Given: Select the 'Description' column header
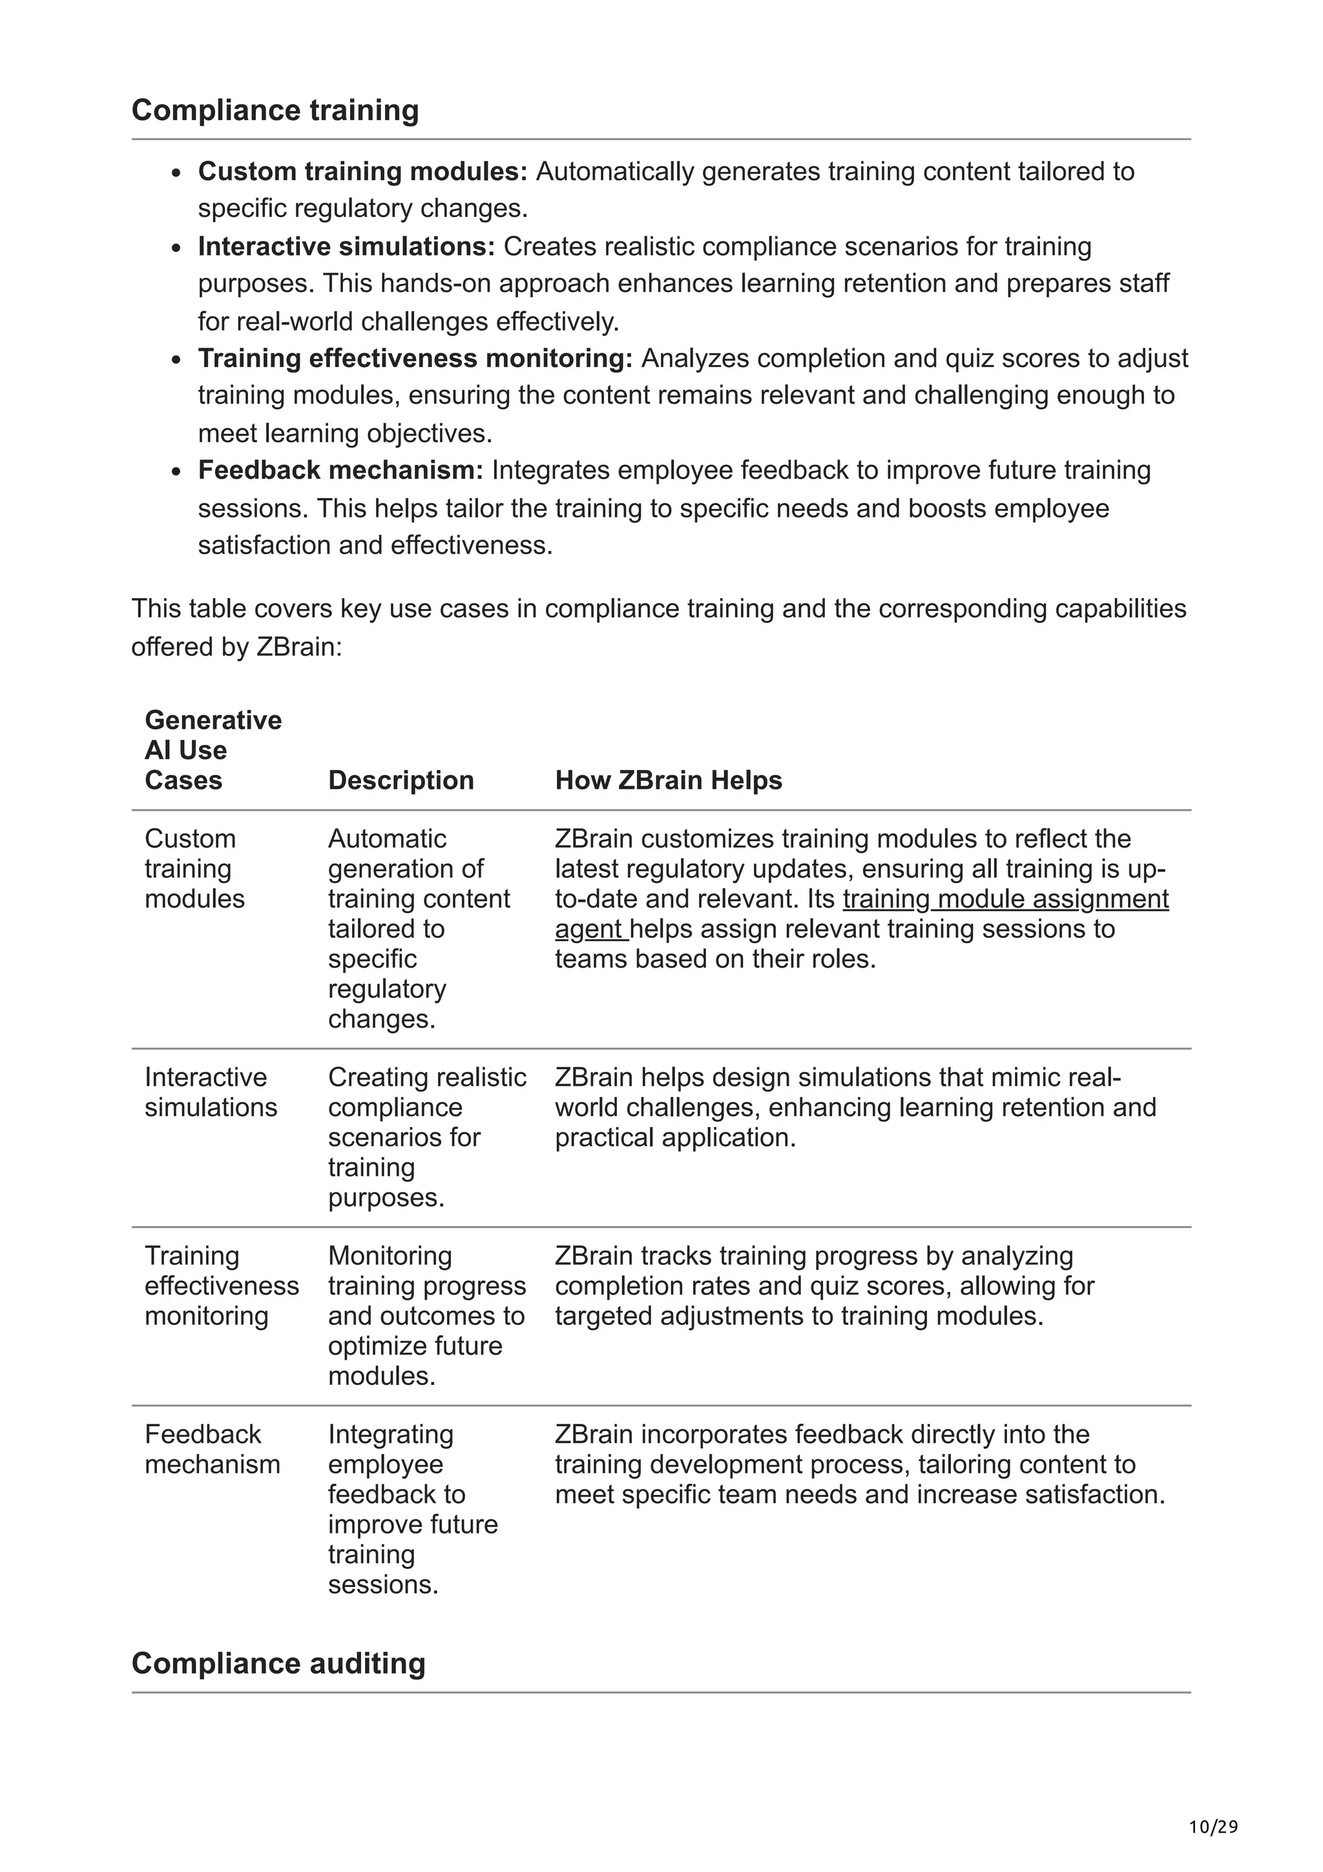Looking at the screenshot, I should coord(401,780).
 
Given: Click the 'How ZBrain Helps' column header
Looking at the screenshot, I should coord(669,780).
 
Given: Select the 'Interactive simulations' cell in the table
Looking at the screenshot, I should coord(211,1092).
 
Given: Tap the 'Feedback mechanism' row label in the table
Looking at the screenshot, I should coord(212,1449).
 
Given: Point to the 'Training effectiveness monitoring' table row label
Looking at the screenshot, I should coord(221,1285).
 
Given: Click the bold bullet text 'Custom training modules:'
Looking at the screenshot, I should coord(363,171).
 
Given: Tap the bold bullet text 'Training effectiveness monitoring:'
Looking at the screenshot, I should coord(415,358).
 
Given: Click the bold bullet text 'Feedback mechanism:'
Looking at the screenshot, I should coord(340,470).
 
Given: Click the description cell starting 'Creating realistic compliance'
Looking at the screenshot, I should coord(426,1138).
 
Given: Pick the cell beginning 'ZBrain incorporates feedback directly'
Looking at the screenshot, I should coord(859,1464).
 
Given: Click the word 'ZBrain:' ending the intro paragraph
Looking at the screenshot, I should coord(299,647).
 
